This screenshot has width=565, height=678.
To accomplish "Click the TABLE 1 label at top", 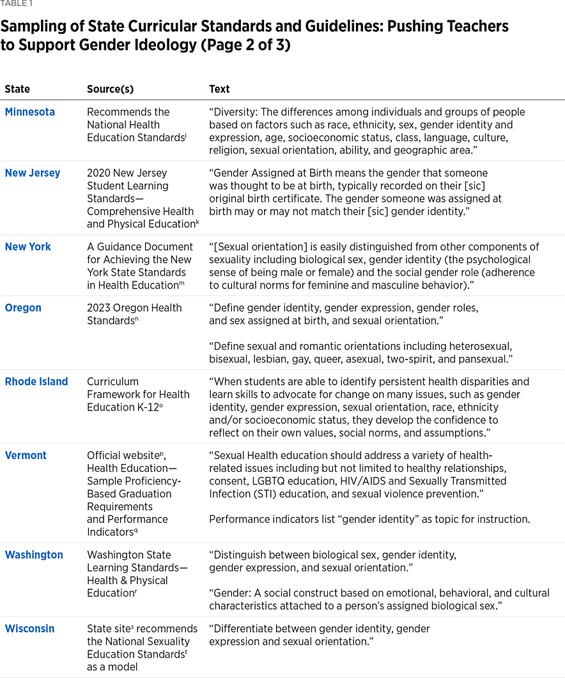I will click(17, 3).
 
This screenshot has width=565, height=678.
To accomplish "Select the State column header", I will click(17, 89).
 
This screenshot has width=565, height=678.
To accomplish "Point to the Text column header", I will click(219, 89).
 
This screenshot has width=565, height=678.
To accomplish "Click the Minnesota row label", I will click(29, 112).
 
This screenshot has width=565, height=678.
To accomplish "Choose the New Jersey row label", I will click(33, 173).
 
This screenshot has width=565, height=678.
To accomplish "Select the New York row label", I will click(28, 246).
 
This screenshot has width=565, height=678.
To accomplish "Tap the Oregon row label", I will click(23, 308).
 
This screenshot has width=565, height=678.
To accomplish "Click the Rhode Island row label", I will click(36, 382).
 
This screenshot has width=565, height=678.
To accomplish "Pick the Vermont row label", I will click(26, 455).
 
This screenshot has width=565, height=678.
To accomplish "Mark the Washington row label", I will click(34, 555).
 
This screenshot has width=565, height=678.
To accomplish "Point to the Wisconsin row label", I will click(29, 629).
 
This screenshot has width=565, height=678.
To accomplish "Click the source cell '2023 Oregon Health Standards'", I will click(134, 313).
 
